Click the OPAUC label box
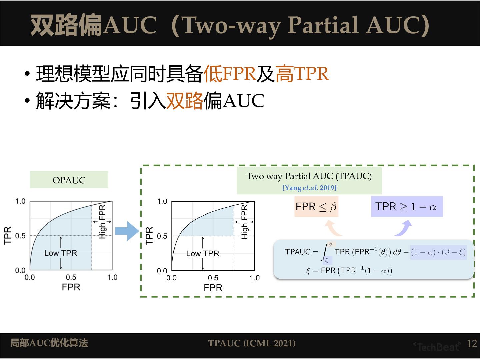(69, 180)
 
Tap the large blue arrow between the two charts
(127, 231)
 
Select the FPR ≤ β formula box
(316, 207)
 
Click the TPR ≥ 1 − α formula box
(406, 207)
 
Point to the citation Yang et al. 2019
(309, 188)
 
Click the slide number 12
(472, 344)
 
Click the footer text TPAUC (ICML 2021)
(252, 343)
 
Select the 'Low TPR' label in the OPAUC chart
(61, 253)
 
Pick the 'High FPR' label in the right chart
(244, 222)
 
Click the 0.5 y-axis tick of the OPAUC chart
(20, 236)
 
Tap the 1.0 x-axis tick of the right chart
(255, 278)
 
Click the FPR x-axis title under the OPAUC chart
(71, 287)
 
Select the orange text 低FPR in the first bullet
(229, 74)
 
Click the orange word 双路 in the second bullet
(184, 101)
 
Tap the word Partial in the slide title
(322, 25)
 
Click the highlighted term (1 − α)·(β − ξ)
(438, 252)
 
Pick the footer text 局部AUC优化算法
(49, 343)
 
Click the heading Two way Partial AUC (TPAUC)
(309, 176)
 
